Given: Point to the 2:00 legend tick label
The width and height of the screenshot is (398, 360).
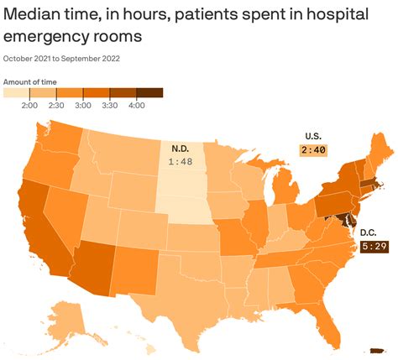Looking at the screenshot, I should [x=29, y=105].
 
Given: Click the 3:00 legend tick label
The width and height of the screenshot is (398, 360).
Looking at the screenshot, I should [x=83, y=105].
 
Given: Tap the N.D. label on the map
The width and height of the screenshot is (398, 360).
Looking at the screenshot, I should [x=181, y=149].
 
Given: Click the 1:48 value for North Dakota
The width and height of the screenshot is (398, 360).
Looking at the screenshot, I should [x=181, y=162].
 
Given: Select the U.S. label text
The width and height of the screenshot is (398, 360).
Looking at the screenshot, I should [x=313, y=136].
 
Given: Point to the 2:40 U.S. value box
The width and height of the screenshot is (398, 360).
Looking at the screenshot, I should [x=313, y=149].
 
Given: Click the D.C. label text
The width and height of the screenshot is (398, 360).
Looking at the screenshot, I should [x=368, y=232].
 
